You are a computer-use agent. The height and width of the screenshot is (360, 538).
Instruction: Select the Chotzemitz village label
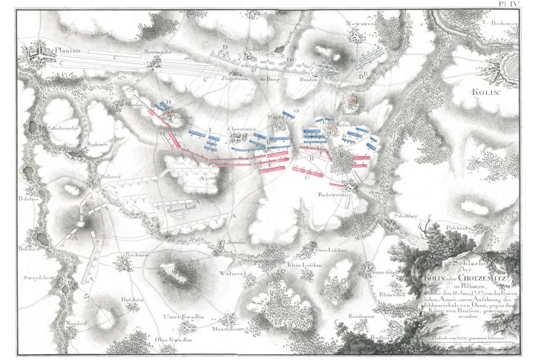(x=242, y=127)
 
